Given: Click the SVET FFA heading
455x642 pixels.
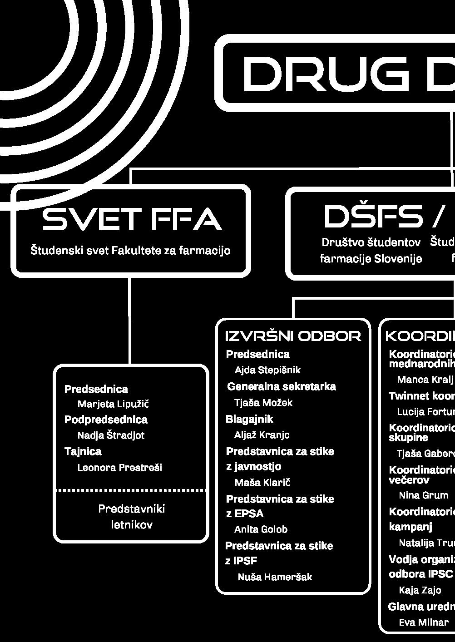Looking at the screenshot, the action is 132,219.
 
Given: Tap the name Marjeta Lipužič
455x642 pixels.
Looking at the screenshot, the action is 113,404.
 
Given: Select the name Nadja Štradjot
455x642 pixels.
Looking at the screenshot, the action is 111,435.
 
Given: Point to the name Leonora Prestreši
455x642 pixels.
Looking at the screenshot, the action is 119,467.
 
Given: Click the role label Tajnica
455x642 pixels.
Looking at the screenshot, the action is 83,451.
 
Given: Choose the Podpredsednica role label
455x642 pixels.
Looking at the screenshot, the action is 106,420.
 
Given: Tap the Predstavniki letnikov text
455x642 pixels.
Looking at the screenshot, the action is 132,517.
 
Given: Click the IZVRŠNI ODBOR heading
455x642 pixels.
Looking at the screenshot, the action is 293,336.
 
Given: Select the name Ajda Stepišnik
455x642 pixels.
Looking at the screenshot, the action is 267,370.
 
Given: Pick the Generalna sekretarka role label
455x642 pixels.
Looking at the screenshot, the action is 281,386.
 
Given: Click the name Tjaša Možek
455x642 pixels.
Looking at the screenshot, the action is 263,402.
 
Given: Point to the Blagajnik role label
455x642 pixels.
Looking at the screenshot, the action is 249,419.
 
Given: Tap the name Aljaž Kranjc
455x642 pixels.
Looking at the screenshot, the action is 262,435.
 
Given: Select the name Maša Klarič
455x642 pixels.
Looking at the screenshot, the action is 262,482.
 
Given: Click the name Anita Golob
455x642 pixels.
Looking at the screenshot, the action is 261,529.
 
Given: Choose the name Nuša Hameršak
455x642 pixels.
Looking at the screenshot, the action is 275,577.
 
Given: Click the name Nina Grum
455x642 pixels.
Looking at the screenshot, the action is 423,495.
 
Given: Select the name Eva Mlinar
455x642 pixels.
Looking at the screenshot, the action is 424,622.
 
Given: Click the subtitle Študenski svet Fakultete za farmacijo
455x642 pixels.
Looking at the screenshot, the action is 130,250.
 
